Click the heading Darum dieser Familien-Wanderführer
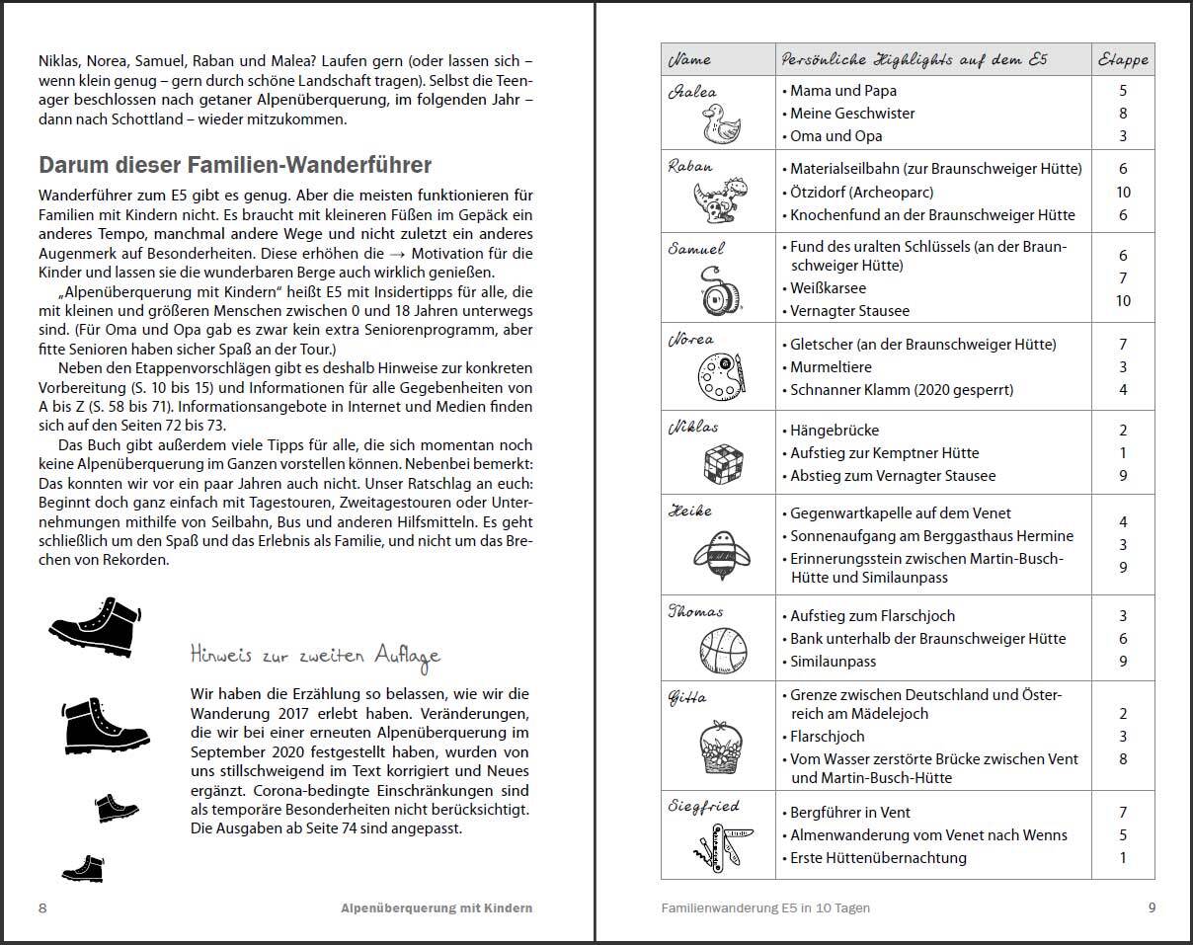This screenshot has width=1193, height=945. click(x=235, y=165)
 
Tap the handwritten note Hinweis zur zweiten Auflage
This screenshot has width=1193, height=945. click(x=315, y=655)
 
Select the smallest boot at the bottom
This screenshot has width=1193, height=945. click(x=82, y=868)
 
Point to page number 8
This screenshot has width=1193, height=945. click(x=42, y=907)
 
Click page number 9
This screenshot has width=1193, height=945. click(x=1152, y=907)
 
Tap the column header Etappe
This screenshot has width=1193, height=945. click(x=1123, y=59)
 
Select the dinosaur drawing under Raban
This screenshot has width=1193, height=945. click(x=721, y=200)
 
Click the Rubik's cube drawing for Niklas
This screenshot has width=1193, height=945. click(x=723, y=462)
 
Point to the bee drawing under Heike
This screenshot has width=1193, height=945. click(x=720, y=550)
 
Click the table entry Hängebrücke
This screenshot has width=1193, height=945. click(x=835, y=431)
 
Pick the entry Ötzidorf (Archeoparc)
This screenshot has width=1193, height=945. click(x=861, y=192)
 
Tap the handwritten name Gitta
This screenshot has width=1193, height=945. click(x=687, y=697)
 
